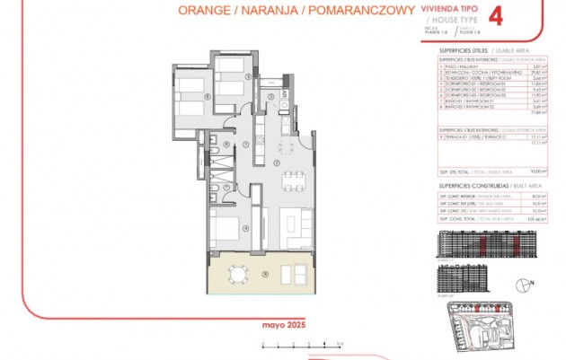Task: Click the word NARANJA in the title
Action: pos(270,11)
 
